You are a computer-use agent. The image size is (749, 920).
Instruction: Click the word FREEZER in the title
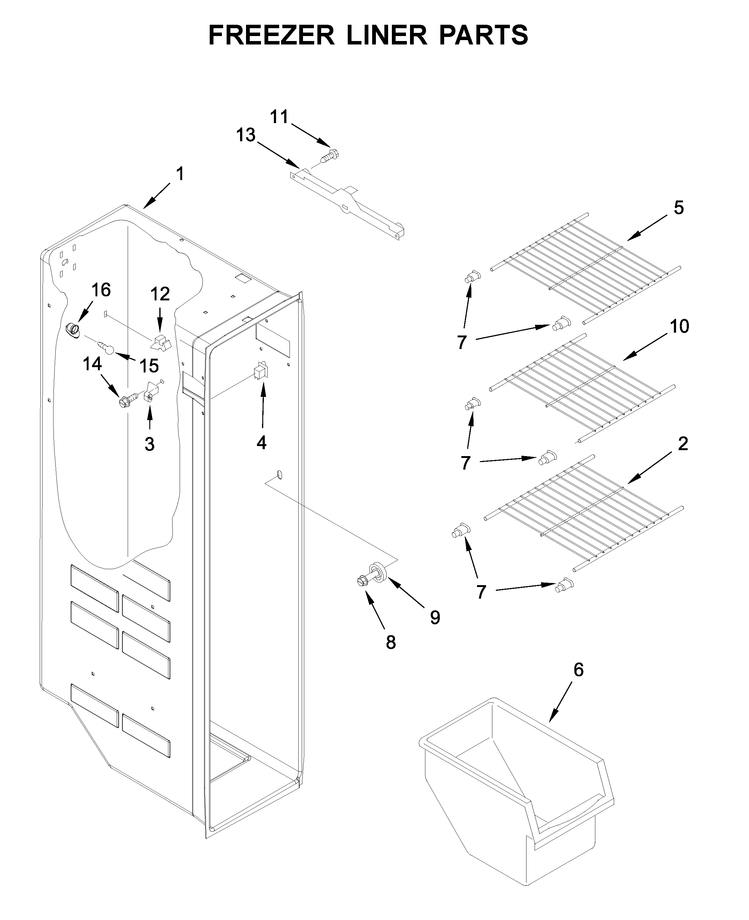(x=271, y=35)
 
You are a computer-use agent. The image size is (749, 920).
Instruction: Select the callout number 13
(x=245, y=135)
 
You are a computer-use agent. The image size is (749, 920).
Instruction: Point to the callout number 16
(x=101, y=290)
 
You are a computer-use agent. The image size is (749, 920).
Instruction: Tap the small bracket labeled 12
(x=161, y=342)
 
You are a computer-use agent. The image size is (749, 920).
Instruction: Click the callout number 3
(x=149, y=444)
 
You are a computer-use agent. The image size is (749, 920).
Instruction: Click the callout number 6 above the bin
(x=578, y=670)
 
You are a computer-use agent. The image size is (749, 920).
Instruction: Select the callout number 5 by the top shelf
(x=679, y=208)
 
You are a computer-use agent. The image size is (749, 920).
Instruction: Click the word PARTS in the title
(x=484, y=35)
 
